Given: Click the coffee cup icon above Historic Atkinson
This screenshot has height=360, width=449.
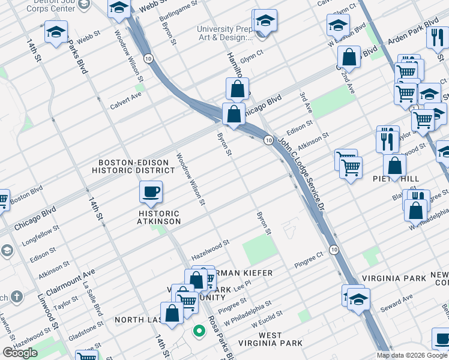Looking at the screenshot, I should [x=150, y=192].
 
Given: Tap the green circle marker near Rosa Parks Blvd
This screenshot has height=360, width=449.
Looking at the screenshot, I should [x=197, y=329].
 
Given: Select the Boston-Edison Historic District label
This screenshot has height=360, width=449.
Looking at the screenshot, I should [x=136, y=166].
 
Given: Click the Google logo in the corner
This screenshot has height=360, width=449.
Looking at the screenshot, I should [x=20, y=353].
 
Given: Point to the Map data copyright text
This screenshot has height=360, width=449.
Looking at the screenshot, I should [x=412, y=355].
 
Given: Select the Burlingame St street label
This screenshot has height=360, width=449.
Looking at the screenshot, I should [x=179, y=13].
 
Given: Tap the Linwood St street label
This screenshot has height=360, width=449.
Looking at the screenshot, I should [x=52, y=325].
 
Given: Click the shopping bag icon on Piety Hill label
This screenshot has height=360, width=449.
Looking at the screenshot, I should [x=395, y=165].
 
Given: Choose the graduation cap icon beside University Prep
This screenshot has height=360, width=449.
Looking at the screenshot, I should [x=265, y=22].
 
